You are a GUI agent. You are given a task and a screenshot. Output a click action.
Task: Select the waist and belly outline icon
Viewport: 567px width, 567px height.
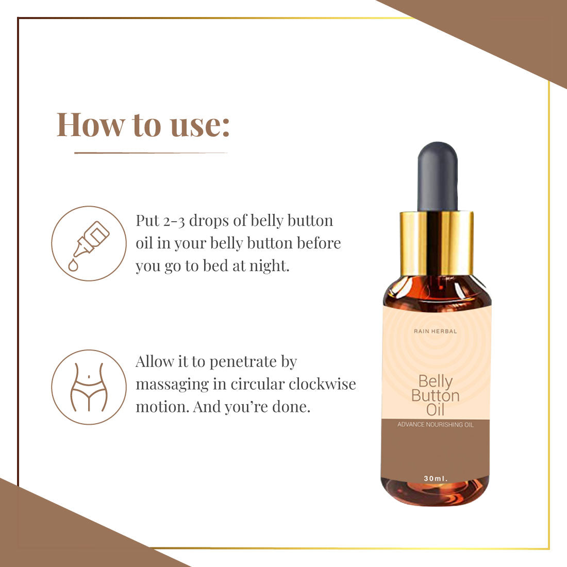tap(89, 387)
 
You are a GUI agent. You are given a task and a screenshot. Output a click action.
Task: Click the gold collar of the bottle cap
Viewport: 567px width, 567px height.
tap(437, 243)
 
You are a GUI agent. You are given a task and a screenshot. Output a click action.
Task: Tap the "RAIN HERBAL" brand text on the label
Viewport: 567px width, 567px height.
tap(436, 331)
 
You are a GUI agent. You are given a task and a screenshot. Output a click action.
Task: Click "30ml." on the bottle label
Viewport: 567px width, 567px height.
tap(436, 478)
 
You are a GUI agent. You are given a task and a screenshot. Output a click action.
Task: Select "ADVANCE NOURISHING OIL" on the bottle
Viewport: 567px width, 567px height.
tap(436, 425)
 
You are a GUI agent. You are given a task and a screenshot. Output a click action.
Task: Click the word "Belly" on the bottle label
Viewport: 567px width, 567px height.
tap(436, 381)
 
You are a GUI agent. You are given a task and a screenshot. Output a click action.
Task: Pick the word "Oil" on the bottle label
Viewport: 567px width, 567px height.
tap(435, 410)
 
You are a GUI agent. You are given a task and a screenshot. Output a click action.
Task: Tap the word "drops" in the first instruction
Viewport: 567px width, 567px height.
tap(209, 221)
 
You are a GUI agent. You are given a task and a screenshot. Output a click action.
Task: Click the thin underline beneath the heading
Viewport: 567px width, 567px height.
tap(151, 153)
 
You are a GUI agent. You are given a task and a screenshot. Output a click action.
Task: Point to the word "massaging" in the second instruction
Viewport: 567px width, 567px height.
tap(172, 385)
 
